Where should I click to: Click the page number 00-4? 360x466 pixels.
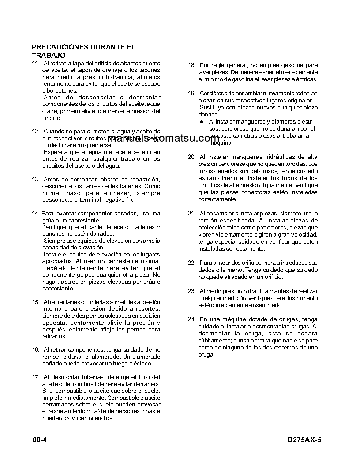coord(40,440)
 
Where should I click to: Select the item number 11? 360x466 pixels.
coord(36,64)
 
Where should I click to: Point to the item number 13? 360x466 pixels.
coord(36,179)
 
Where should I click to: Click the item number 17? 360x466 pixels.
coord(36,377)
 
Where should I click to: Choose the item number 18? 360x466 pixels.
coord(191,65)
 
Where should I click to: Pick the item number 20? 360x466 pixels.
coord(191,157)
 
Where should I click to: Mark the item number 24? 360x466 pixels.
coord(191,319)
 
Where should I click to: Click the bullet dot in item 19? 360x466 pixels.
coord(201,121)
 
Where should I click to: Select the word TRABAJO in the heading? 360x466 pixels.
coord(49,55)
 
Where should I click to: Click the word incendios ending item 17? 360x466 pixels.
coord(100,418)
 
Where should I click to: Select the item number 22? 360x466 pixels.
coord(191,263)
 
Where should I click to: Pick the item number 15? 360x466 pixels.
coord(36,302)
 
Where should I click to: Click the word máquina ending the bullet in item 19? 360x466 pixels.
coord(219,143)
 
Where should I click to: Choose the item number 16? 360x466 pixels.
coord(36,349)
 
